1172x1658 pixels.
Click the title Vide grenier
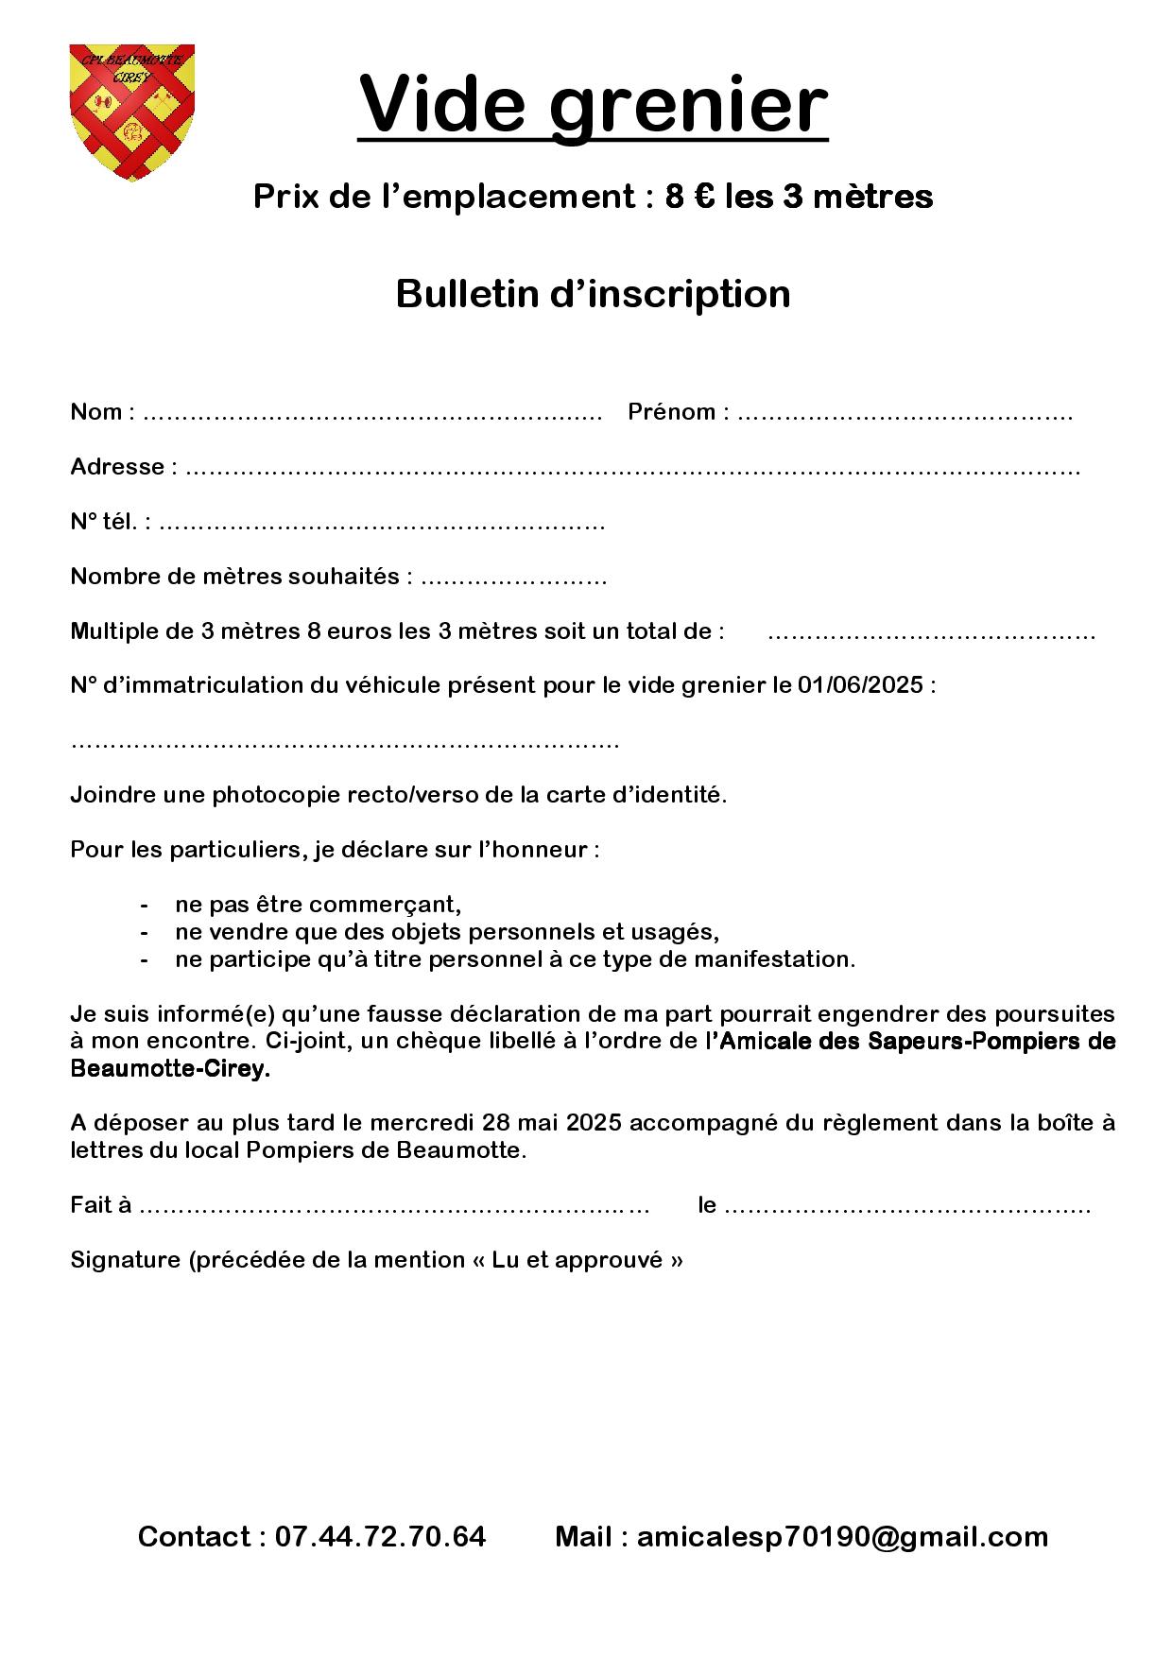(593, 105)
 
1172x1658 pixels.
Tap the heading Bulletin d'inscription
(593, 294)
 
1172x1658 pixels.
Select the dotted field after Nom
(372, 413)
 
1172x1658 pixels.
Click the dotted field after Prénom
(904, 413)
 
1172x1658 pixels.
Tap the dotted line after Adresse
(631, 468)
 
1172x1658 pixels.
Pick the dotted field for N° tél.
(381, 523)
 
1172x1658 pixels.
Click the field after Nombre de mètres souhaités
(512, 578)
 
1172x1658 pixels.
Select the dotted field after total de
(931, 632)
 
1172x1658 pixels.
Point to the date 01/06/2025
(859, 685)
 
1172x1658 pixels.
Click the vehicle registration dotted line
(345, 742)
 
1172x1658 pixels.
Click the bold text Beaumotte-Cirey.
(170, 1069)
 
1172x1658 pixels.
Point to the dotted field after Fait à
(394, 1206)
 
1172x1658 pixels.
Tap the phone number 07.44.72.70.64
(380, 1536)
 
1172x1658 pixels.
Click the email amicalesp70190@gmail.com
(842, 1536)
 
